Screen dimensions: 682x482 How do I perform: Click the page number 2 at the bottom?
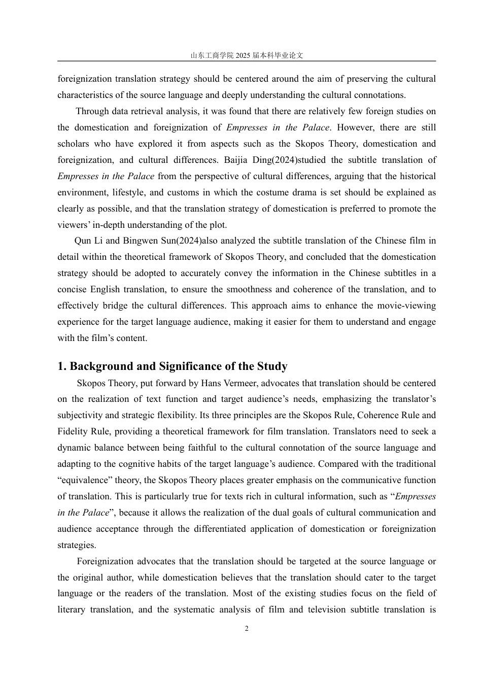pyautogui.click(x=247, y=629)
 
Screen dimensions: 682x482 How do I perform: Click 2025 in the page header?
pyautogui.click(x=243, y=55)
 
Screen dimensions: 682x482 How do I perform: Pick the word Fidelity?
pyautogui.click(x=73, y=431)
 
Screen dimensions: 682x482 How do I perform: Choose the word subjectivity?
pyautogui.click(x=80, y=415)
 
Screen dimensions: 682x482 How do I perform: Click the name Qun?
pyautogui.click(x=83, y=241)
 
